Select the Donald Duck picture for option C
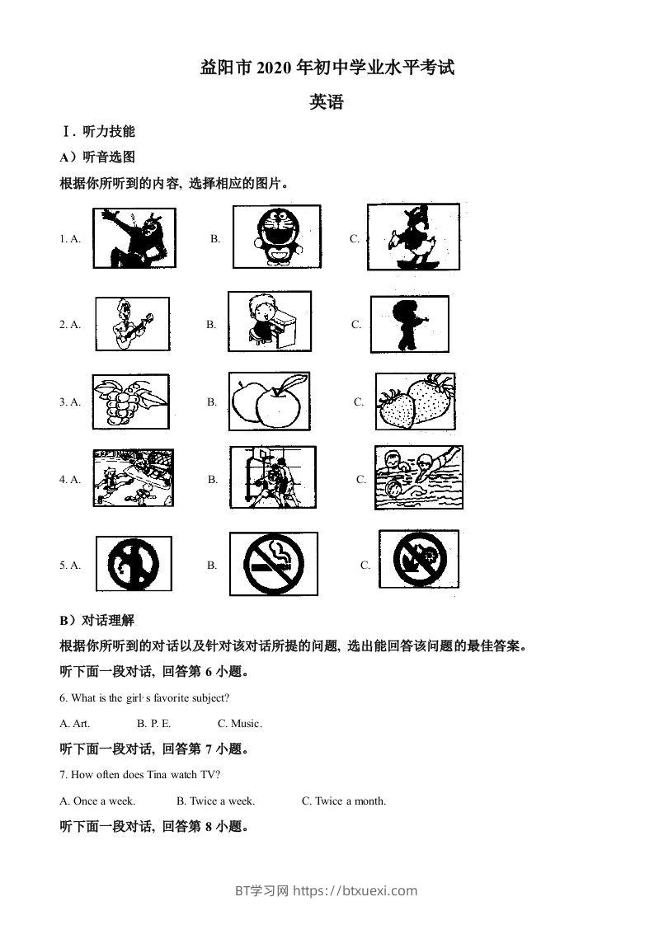(412, 237)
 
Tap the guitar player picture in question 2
(132, 323)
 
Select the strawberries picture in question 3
(415, 401)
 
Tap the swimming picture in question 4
(418, 478)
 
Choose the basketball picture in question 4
(271, 478)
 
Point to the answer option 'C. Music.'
(240, 724)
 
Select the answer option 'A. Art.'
(75, 724)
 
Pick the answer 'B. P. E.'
(154, 724)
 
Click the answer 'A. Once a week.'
(98, 801)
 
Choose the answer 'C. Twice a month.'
(343, 801)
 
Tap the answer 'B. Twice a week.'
(215, 801)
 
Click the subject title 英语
(326, 102)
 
